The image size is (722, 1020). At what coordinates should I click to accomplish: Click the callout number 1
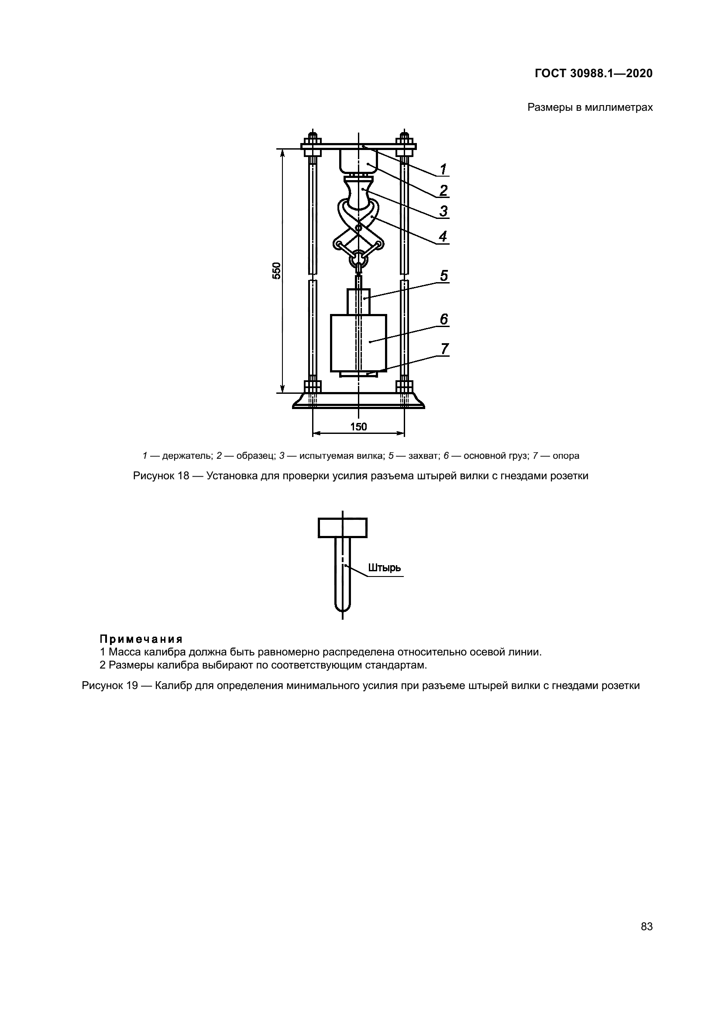443,169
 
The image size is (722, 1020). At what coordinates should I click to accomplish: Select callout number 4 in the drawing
443,236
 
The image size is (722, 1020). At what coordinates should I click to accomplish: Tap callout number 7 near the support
444,349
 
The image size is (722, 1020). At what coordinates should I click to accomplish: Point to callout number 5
444,276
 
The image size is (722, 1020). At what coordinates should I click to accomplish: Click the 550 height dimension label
276,270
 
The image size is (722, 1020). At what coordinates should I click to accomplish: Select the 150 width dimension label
358,427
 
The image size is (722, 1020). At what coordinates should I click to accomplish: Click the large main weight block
358,342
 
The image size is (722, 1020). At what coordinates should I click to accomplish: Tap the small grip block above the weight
358,301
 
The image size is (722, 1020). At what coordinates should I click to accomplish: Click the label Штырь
385,568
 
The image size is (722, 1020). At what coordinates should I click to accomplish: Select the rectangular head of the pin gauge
342,528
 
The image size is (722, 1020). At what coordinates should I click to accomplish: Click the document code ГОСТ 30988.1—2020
594,73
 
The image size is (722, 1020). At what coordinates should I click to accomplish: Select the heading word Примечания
141,639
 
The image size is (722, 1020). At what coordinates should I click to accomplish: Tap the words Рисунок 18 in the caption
161,476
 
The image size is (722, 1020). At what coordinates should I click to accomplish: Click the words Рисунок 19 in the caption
110,686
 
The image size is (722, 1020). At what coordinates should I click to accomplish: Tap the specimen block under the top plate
358,161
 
